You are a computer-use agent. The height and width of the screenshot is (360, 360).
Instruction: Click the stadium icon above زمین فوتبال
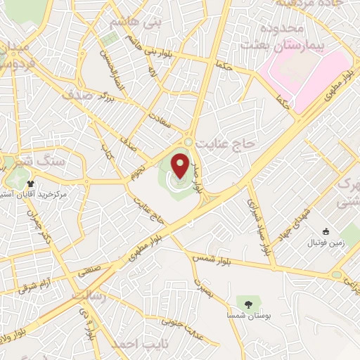tap(325, 231)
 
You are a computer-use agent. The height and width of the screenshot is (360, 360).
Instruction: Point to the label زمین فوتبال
tap(322, 243)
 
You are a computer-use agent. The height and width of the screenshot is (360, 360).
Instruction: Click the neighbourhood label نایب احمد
tap(131, 345)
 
